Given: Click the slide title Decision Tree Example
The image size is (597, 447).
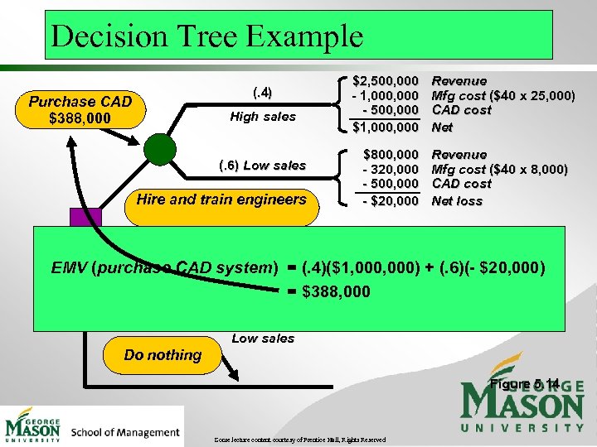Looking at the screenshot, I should [x=206, y=36].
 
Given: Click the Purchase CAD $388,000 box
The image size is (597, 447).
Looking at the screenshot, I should [x=80, y=109].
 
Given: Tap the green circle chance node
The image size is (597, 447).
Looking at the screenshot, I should [x=159, y=150].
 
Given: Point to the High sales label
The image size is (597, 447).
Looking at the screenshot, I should [x=263, y=117].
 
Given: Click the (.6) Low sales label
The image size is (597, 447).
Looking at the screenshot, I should [x=262, y=165].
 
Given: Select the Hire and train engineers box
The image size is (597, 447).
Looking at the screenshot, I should [x=221, y=199].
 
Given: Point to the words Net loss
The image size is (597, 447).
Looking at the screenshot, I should [x=457, y=201].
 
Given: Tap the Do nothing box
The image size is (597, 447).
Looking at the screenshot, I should [x=163, y=355].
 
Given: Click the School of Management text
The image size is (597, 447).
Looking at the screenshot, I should [x=125, y=431].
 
